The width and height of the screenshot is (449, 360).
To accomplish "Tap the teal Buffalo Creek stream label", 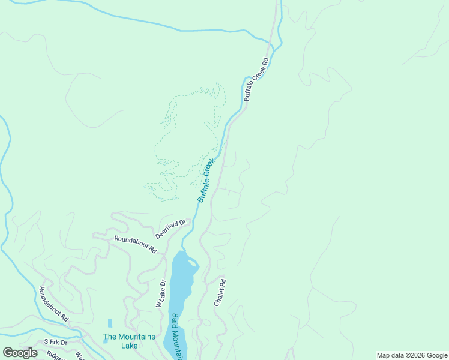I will click(206, 181).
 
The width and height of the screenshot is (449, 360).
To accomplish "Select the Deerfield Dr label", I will click(171, 227).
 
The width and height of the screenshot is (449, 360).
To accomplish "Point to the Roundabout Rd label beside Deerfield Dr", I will click(136, 243).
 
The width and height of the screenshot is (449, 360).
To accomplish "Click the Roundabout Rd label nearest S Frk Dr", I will click(53, 303).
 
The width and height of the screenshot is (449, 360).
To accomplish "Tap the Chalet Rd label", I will click(220, 293).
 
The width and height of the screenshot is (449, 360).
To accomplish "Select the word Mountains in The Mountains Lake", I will click(137, 337).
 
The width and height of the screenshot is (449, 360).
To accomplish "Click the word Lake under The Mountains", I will click(129, 346).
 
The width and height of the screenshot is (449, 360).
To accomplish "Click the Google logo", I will click(20, 353).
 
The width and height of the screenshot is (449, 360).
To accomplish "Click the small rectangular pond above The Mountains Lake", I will click(110, 323).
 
